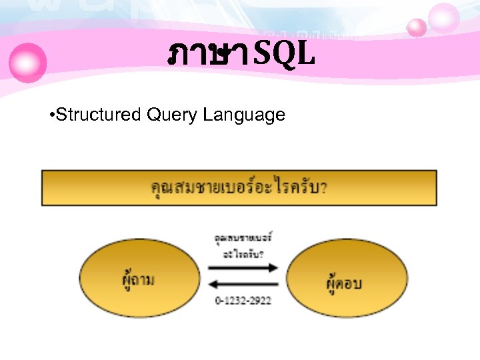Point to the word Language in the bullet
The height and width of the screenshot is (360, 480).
(244, 115)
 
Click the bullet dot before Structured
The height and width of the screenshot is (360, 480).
(52, 116)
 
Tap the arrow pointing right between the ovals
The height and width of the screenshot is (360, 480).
(243, 267)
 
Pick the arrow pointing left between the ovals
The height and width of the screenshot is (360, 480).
(243, 285)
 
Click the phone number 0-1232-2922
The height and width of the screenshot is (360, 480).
(243, 301)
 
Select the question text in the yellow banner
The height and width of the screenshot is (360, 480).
(239, 187)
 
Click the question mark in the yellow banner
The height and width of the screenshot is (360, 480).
(324, 188)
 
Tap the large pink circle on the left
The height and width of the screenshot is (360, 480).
(29, 62)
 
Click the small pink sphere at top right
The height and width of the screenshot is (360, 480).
(417, 27)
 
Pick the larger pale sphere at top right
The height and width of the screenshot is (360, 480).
(444, 17)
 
